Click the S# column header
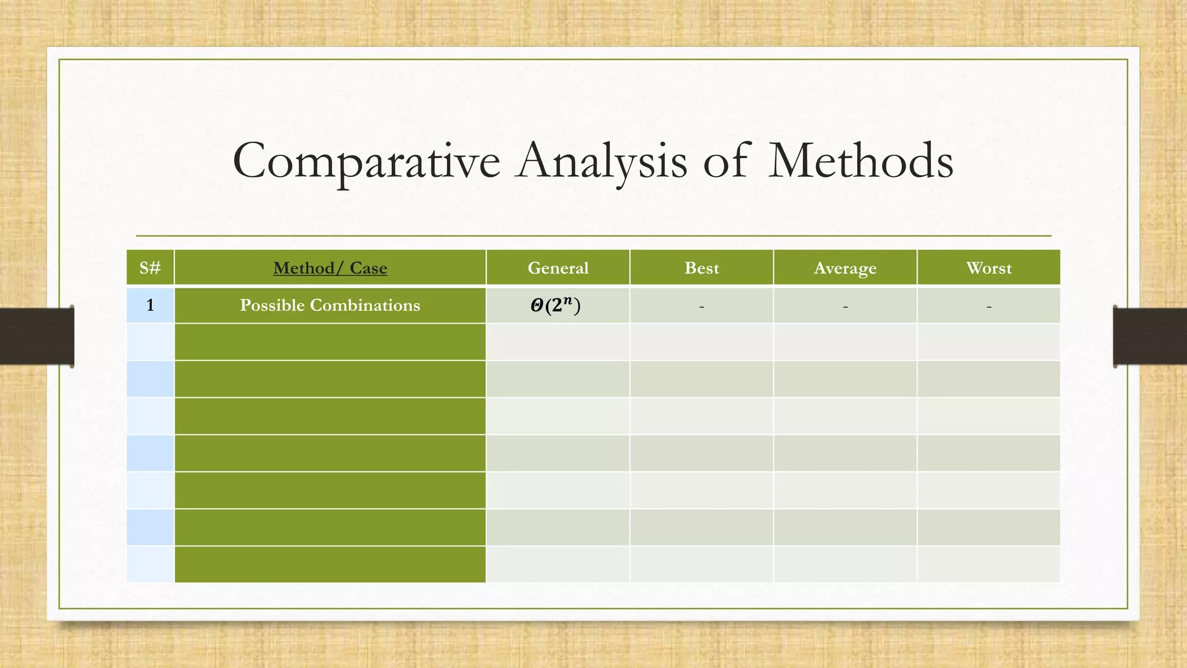tap(150, 268)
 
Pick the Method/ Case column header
tap(330, 268)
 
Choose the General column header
tap(558, 268)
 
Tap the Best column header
tap(701, 268)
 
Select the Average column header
tap(845, 268)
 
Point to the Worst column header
tap(989, 268)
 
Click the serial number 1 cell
tap(150, 305)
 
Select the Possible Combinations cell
tap(330, 305)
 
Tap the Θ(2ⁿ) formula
tap(555, 306)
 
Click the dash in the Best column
tap(701, 306)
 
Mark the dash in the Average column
tap(845, 306)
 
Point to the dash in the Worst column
tap(989, 306)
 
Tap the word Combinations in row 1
tap(365, 305)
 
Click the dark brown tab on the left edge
tap(37, 336)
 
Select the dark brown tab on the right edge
tap(1150, 336)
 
